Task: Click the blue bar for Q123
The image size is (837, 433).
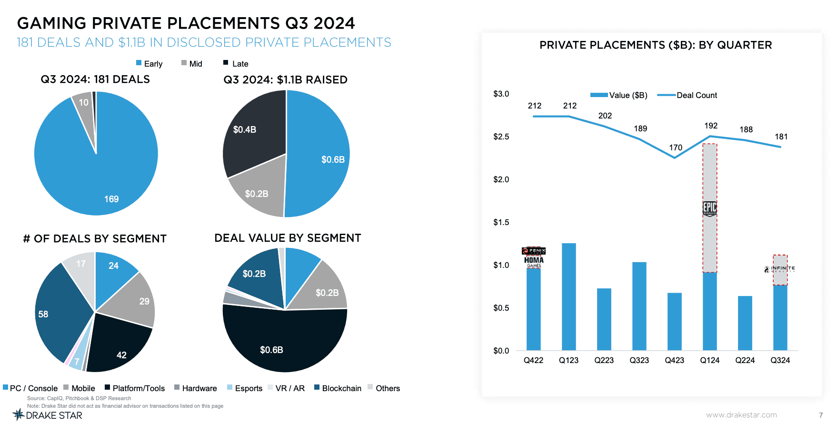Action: (568, 297)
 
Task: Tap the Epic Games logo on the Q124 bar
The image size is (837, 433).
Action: (709, 208)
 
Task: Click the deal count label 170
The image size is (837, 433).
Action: (675, 148)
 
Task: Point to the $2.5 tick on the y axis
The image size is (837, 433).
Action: (501, 137)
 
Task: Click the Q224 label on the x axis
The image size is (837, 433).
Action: (745, 360)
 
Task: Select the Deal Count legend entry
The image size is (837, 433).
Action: (688, 95)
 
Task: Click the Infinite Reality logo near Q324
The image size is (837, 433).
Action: (779, 269)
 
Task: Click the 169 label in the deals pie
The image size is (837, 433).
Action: (111, 199)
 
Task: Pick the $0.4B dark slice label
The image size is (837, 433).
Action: (245, 129)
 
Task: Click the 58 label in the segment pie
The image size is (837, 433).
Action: (43, 314)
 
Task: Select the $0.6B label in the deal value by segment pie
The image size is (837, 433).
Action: (271, 350)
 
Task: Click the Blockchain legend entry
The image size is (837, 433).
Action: (338, 388)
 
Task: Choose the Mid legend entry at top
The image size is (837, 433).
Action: (192, 64)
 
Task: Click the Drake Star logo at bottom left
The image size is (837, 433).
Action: (47, 415)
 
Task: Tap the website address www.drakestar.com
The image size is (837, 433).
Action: (741, 415)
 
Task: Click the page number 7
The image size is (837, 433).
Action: (821, 415)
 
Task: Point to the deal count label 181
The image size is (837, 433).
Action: (781, 137)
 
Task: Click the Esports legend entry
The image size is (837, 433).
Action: (245, 388)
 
